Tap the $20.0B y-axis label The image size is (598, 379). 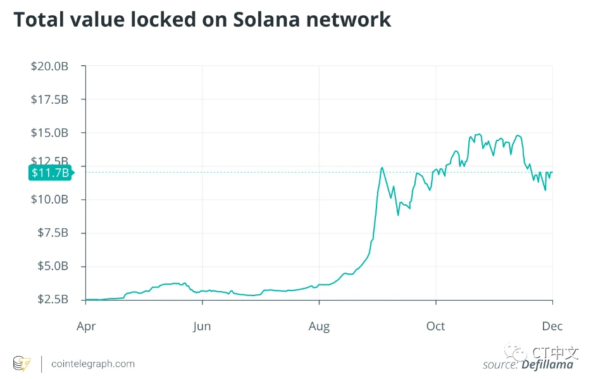coord(49,66)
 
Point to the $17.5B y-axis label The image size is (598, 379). coord(49,99)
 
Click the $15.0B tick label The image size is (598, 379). coord(49,133)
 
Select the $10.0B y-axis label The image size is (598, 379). coord(49,199)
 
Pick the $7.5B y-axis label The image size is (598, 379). coord(52,233)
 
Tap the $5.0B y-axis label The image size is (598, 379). coord(52,266)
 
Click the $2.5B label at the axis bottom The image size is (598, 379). coord(52,299)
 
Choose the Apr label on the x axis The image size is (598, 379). coord(85,326)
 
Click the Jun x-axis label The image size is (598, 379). coord(202,326)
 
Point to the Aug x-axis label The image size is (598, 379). coord(319,326)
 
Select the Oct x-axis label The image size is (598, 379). coord(435,326)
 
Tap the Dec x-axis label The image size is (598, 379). coord(552,326)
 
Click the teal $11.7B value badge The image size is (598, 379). coord(49,172)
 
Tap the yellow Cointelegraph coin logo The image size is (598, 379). coord(22,364)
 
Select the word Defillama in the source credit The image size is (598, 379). coord(547,364)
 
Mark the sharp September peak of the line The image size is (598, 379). coord(382,168)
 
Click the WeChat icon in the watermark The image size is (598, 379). coord(519,352)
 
